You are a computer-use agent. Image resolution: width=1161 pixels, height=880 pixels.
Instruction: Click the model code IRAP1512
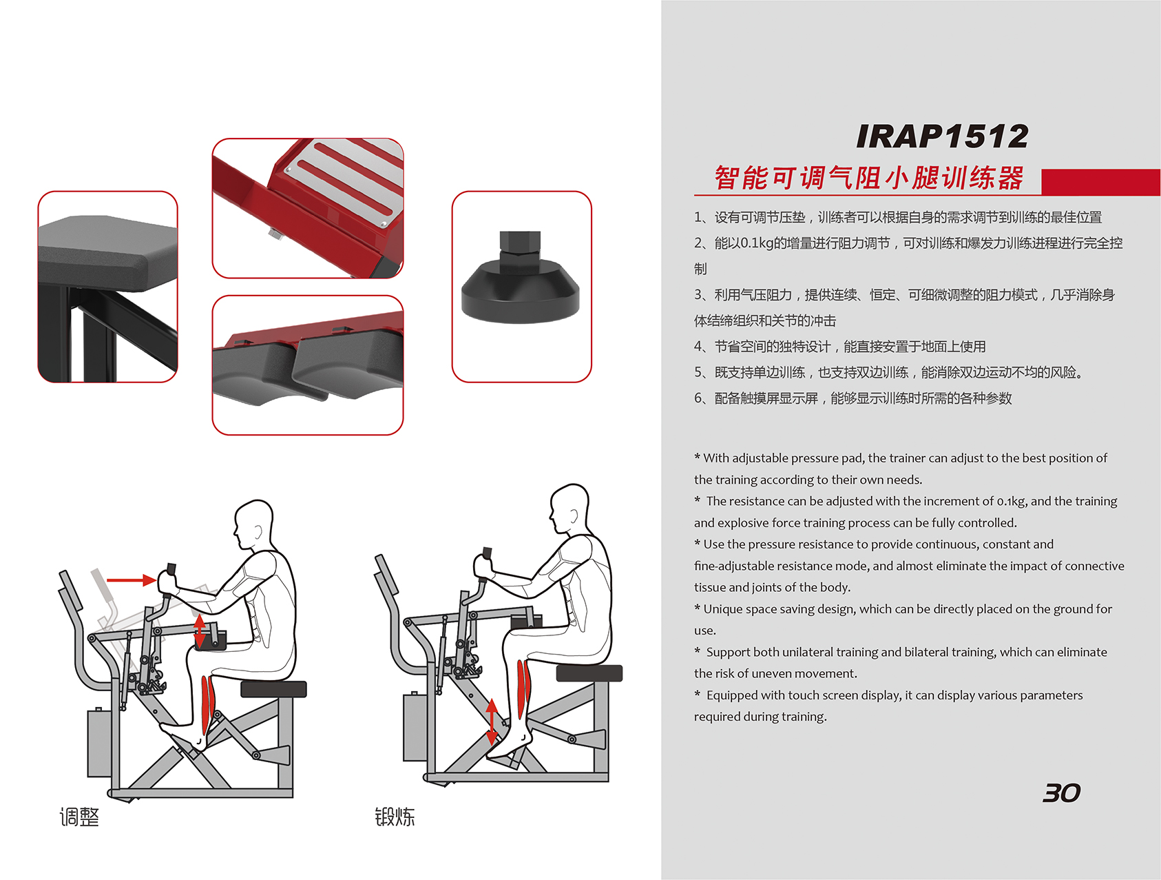[942, 136]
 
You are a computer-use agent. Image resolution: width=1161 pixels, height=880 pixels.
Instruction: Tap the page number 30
[1062, 793]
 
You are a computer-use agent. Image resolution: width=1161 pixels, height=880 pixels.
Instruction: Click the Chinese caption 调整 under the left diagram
[79, 817]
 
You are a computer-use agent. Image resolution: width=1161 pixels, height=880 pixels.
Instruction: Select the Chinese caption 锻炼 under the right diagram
[395, 817]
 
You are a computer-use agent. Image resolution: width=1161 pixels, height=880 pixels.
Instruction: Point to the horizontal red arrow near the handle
[132, 580]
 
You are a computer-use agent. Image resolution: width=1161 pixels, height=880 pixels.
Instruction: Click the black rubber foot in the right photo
[521, 289]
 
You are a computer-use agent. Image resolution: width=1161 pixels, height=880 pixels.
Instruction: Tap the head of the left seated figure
[253, 525]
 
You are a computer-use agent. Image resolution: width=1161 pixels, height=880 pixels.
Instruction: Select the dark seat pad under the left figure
[273, 688]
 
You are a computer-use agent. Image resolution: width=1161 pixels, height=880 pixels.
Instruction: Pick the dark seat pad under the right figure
[589, 673]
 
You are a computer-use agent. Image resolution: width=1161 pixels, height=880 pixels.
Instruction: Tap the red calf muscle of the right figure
[524, 689]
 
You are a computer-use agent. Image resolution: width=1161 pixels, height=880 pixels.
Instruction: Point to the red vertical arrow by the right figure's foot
[492, 722]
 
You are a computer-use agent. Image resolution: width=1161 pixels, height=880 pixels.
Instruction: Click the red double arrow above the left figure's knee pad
[199, 631]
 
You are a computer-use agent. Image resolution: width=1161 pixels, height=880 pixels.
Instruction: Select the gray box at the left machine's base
[99, 743]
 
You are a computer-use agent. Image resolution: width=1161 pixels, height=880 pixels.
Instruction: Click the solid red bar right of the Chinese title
[1100, 182]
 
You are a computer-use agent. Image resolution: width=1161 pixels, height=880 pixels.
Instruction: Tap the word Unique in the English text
[722, 609]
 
